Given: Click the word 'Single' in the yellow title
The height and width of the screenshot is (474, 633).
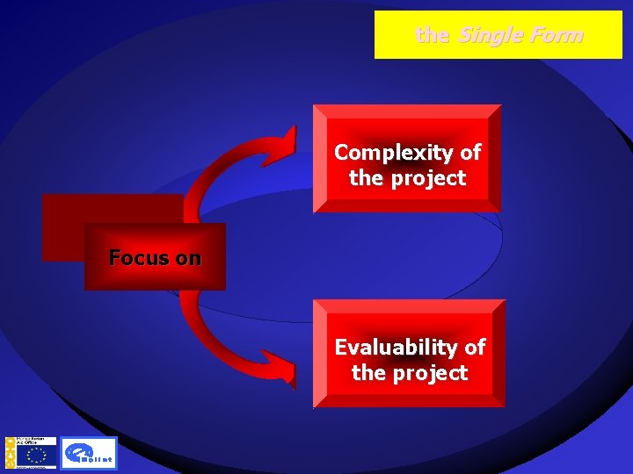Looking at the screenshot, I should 490,35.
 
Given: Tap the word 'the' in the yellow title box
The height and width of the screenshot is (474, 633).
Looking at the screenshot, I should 432,35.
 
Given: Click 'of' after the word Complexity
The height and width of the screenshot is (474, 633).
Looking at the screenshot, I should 470,153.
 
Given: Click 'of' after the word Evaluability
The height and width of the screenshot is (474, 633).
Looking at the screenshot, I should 475,348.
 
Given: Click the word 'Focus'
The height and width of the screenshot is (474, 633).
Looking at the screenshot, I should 140,258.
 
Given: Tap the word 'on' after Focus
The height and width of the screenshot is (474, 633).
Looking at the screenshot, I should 188,258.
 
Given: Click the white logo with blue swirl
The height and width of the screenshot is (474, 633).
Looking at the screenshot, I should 89,454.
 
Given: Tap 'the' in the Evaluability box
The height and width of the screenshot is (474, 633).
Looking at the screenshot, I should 368,373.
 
